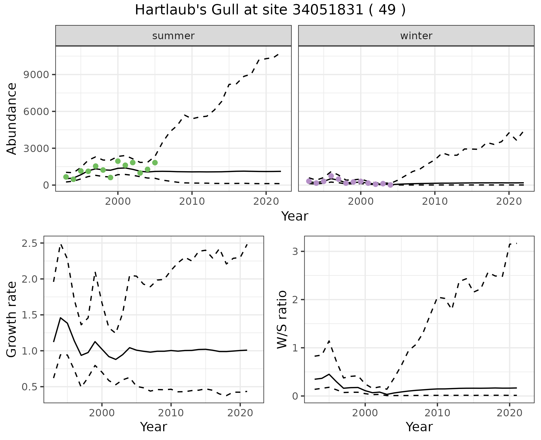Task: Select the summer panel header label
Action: (x=173, y=36)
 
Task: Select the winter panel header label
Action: (x=416, y=36)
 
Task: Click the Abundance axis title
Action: (x=12, y=119)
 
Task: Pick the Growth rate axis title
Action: (x=12, y=319)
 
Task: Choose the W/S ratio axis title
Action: (x=282, y=319)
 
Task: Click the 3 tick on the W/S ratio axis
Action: (x=295, y=251)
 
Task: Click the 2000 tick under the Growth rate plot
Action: (x=102, y=413)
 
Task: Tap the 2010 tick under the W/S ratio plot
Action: (x=437, y=413)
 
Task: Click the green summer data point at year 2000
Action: (x=118, y=161)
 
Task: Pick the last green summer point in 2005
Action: (x=155, y=162)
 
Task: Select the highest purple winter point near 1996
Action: (x=331, y=176)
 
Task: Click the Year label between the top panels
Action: (x=295, y=216)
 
